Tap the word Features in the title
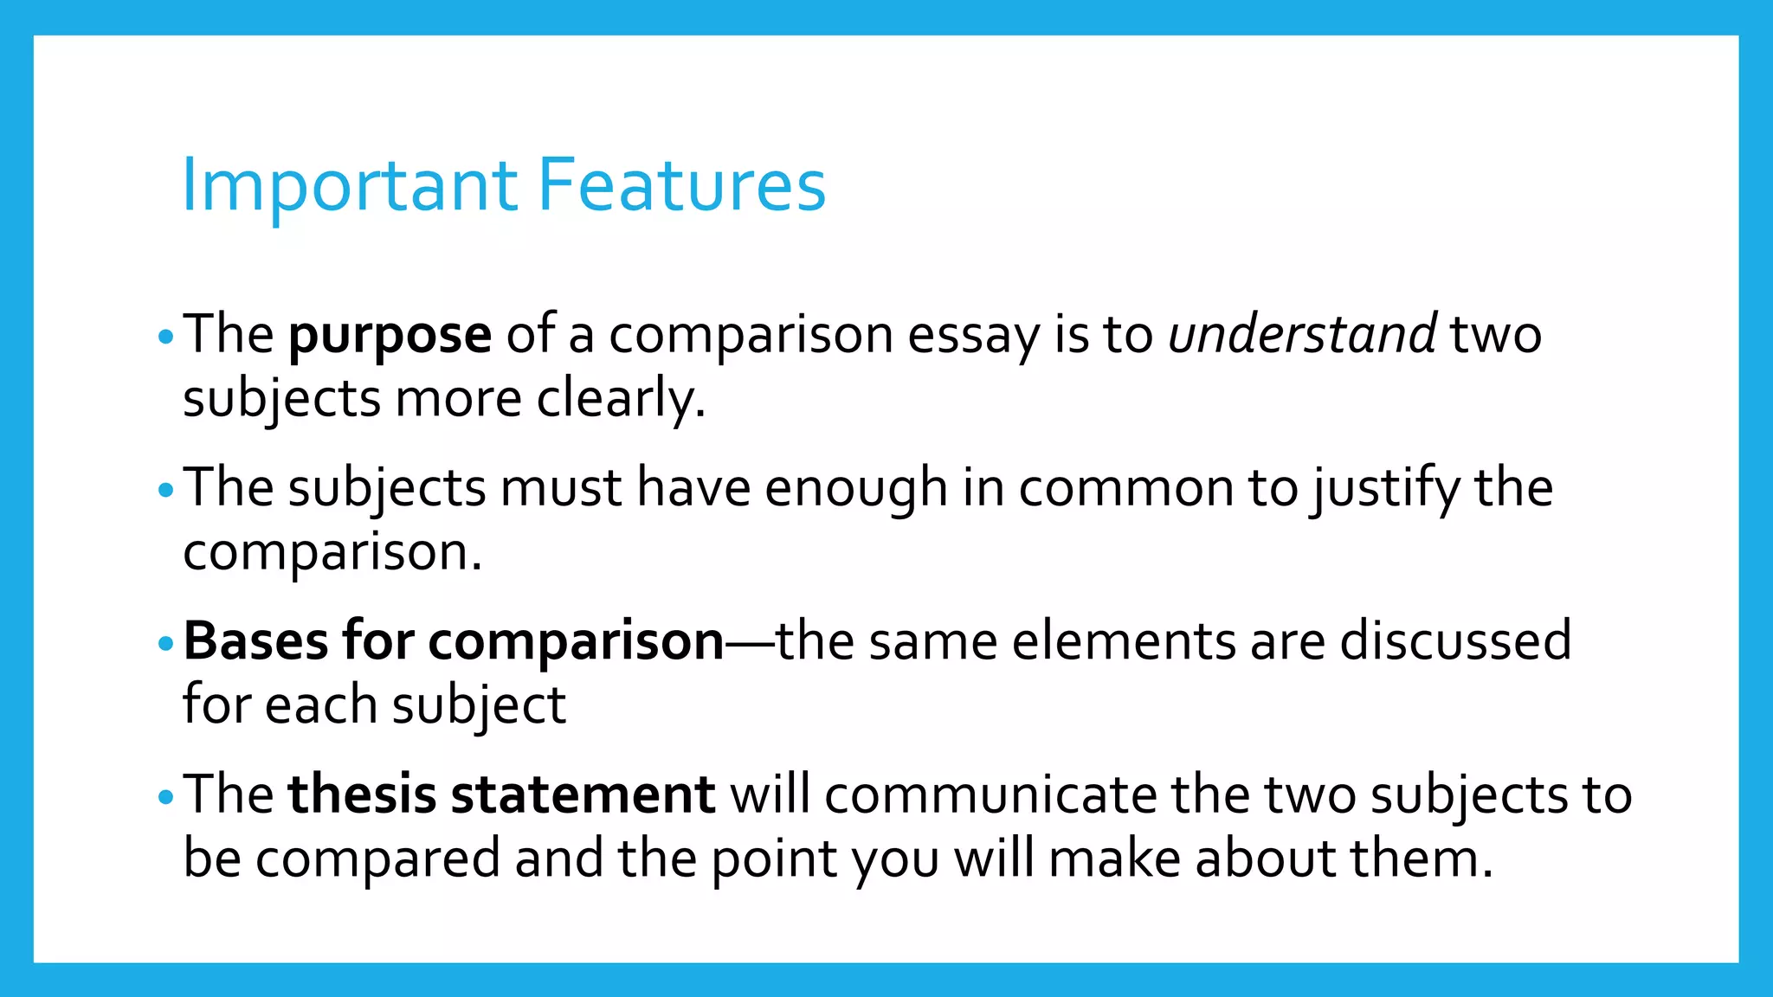[x=682, y=185]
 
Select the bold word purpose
[x=390, y=336]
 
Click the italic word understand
[x=1302, y=334]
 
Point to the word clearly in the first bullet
[x=620, y=400]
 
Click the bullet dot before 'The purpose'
[x=167, y=338]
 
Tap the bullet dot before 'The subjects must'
[x=167, y=492]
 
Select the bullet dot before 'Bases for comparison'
[x=167, y=645]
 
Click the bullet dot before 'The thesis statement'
[x=167, y=798]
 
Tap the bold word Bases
[x=256, y=641]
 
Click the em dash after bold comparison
[x=750, y=643]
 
